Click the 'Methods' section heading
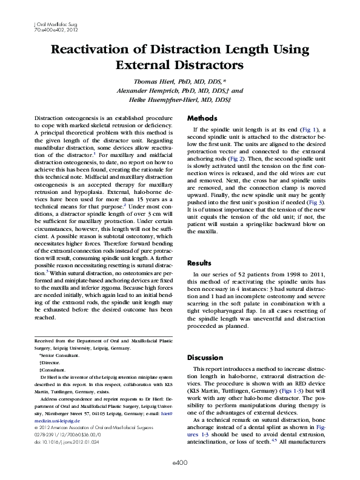click(202, 118)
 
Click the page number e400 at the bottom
click(180, 462)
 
